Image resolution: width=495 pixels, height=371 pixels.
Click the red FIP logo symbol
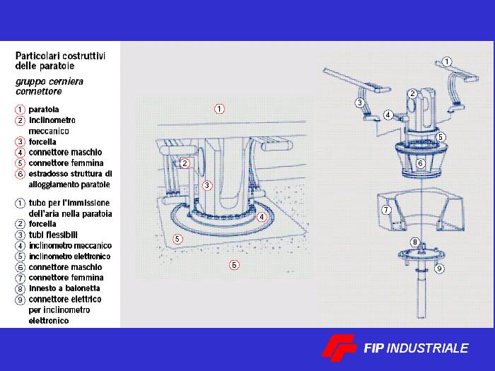tap(339, 348)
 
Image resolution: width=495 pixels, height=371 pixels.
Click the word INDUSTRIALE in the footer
tap(427, 348)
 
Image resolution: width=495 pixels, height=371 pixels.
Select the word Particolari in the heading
tap(37, 56)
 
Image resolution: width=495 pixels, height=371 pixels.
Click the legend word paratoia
tap(44, 110)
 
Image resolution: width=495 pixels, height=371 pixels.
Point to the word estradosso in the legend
tap(48, 174)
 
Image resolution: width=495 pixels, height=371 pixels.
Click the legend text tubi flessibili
tap(53, 235)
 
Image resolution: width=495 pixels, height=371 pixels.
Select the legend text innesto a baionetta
tap(64, 288)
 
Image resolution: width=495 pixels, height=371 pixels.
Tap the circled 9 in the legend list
tap(20, 300)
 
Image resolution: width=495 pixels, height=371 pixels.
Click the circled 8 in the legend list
tap(20, 288)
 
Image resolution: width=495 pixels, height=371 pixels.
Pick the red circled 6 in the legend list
tap(20, 174)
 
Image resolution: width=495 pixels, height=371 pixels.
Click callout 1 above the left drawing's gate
tap(219, 109)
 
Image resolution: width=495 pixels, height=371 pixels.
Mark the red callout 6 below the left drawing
tap(234, 265)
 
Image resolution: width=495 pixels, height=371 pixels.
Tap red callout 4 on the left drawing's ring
tap(262, 217)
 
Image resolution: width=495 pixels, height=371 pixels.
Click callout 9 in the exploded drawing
tap(439, 269)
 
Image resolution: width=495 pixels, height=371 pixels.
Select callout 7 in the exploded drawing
tap(386, 210)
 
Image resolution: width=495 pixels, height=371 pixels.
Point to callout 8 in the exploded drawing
tap(415, 242)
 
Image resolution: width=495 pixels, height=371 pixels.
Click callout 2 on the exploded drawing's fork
tap(412, 94)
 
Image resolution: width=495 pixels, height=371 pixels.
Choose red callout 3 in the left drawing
tap(207, 185)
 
